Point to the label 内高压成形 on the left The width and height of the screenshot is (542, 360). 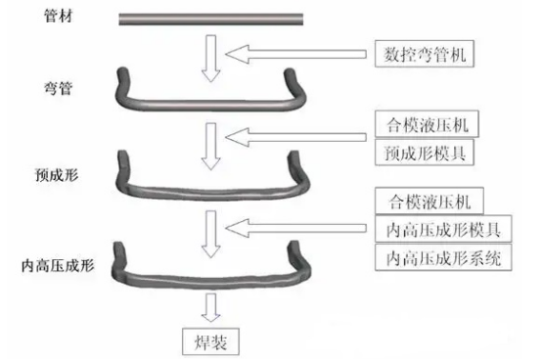tap(57, 264)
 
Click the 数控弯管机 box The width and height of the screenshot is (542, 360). tap(423, 55)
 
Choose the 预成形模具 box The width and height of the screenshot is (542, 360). tap(423, 154)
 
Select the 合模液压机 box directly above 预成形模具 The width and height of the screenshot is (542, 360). tap(423, 127)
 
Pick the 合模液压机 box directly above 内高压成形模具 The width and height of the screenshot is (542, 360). tap(423, 202)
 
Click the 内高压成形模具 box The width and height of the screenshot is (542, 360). tap(429, 231)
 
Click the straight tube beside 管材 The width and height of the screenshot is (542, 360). tap(212, 18)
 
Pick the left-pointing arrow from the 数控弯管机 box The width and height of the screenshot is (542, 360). tap(299, 55)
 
